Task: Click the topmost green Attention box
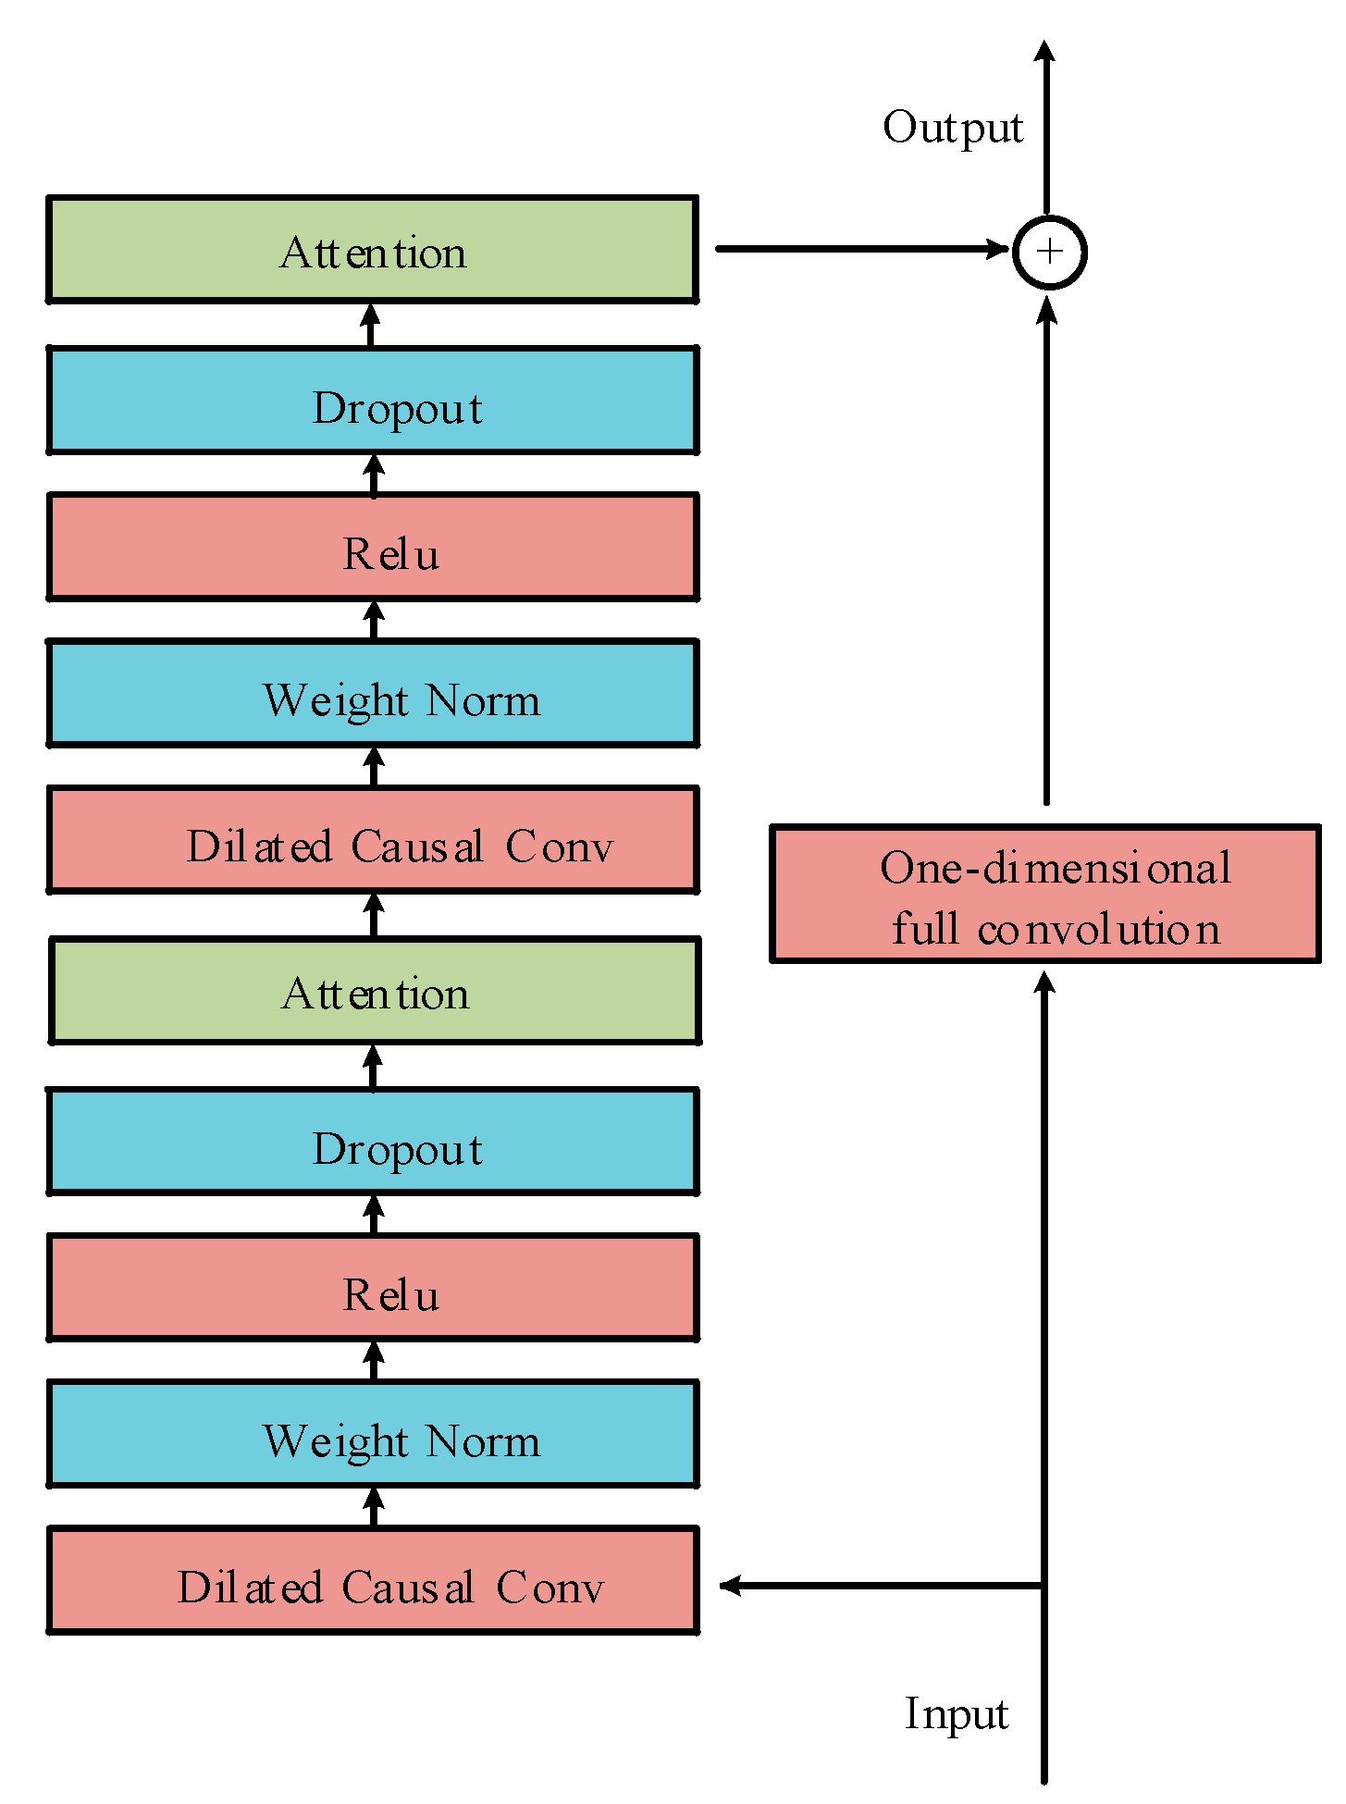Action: point(372,250)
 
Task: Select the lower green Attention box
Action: point(374,992)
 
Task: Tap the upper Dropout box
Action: point(372,401)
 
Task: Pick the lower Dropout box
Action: point(372,1142)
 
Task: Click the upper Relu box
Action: point(372,547)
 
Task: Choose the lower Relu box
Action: point(372,1288)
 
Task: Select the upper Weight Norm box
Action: point(372,694)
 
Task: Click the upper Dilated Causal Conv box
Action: point(372,840)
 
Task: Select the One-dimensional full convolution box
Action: point(1045,894)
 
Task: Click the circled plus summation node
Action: point(1049,252)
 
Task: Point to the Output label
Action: point(953,128)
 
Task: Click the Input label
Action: point(957,1714)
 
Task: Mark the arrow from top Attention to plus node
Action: point(860,249)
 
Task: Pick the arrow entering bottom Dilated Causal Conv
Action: point(879,1586)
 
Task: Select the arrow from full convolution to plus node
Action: point(1046,555)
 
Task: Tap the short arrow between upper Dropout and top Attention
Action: point(371,325)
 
